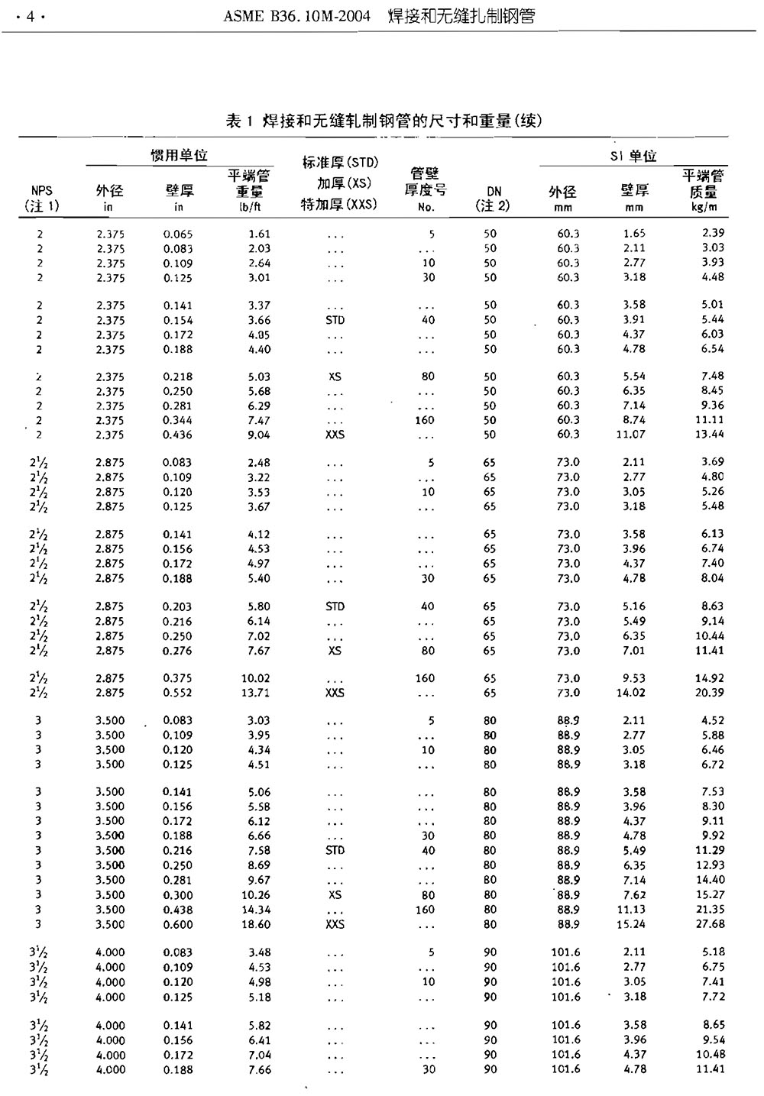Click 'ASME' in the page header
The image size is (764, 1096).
point(242,17)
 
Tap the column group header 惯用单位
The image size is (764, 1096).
point(179,156)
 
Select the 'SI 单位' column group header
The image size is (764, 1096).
point(633,157)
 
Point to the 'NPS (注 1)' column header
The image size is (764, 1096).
point(42,199)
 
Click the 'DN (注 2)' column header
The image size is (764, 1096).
point(492,199)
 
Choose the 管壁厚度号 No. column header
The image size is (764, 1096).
point(426,190)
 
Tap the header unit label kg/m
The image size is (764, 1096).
point(703,207)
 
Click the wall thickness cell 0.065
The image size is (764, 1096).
point(178,234)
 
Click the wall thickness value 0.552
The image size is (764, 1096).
point(177,693)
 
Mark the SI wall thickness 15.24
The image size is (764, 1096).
point(631,924)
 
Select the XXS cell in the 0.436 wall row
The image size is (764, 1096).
point(335,435)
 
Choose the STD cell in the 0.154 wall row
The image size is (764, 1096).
point(335,320)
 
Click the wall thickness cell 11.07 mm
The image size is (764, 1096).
point(631,435)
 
